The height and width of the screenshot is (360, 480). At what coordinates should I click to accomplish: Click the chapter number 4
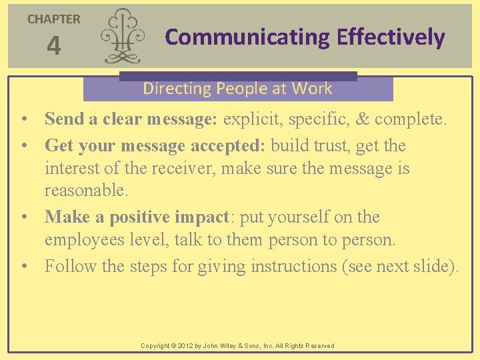[x=53, y=46]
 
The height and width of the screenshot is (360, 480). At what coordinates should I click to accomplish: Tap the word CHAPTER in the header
[x=53, y=19]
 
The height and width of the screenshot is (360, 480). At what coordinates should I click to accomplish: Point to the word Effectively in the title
[x=391, y=37]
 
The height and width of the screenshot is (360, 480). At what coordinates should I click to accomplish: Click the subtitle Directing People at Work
[x=237, y=89]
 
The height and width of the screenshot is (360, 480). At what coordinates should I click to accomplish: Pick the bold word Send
[x=63, y=119]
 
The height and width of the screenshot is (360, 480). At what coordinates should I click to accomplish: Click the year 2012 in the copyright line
[x=183, y=346]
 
